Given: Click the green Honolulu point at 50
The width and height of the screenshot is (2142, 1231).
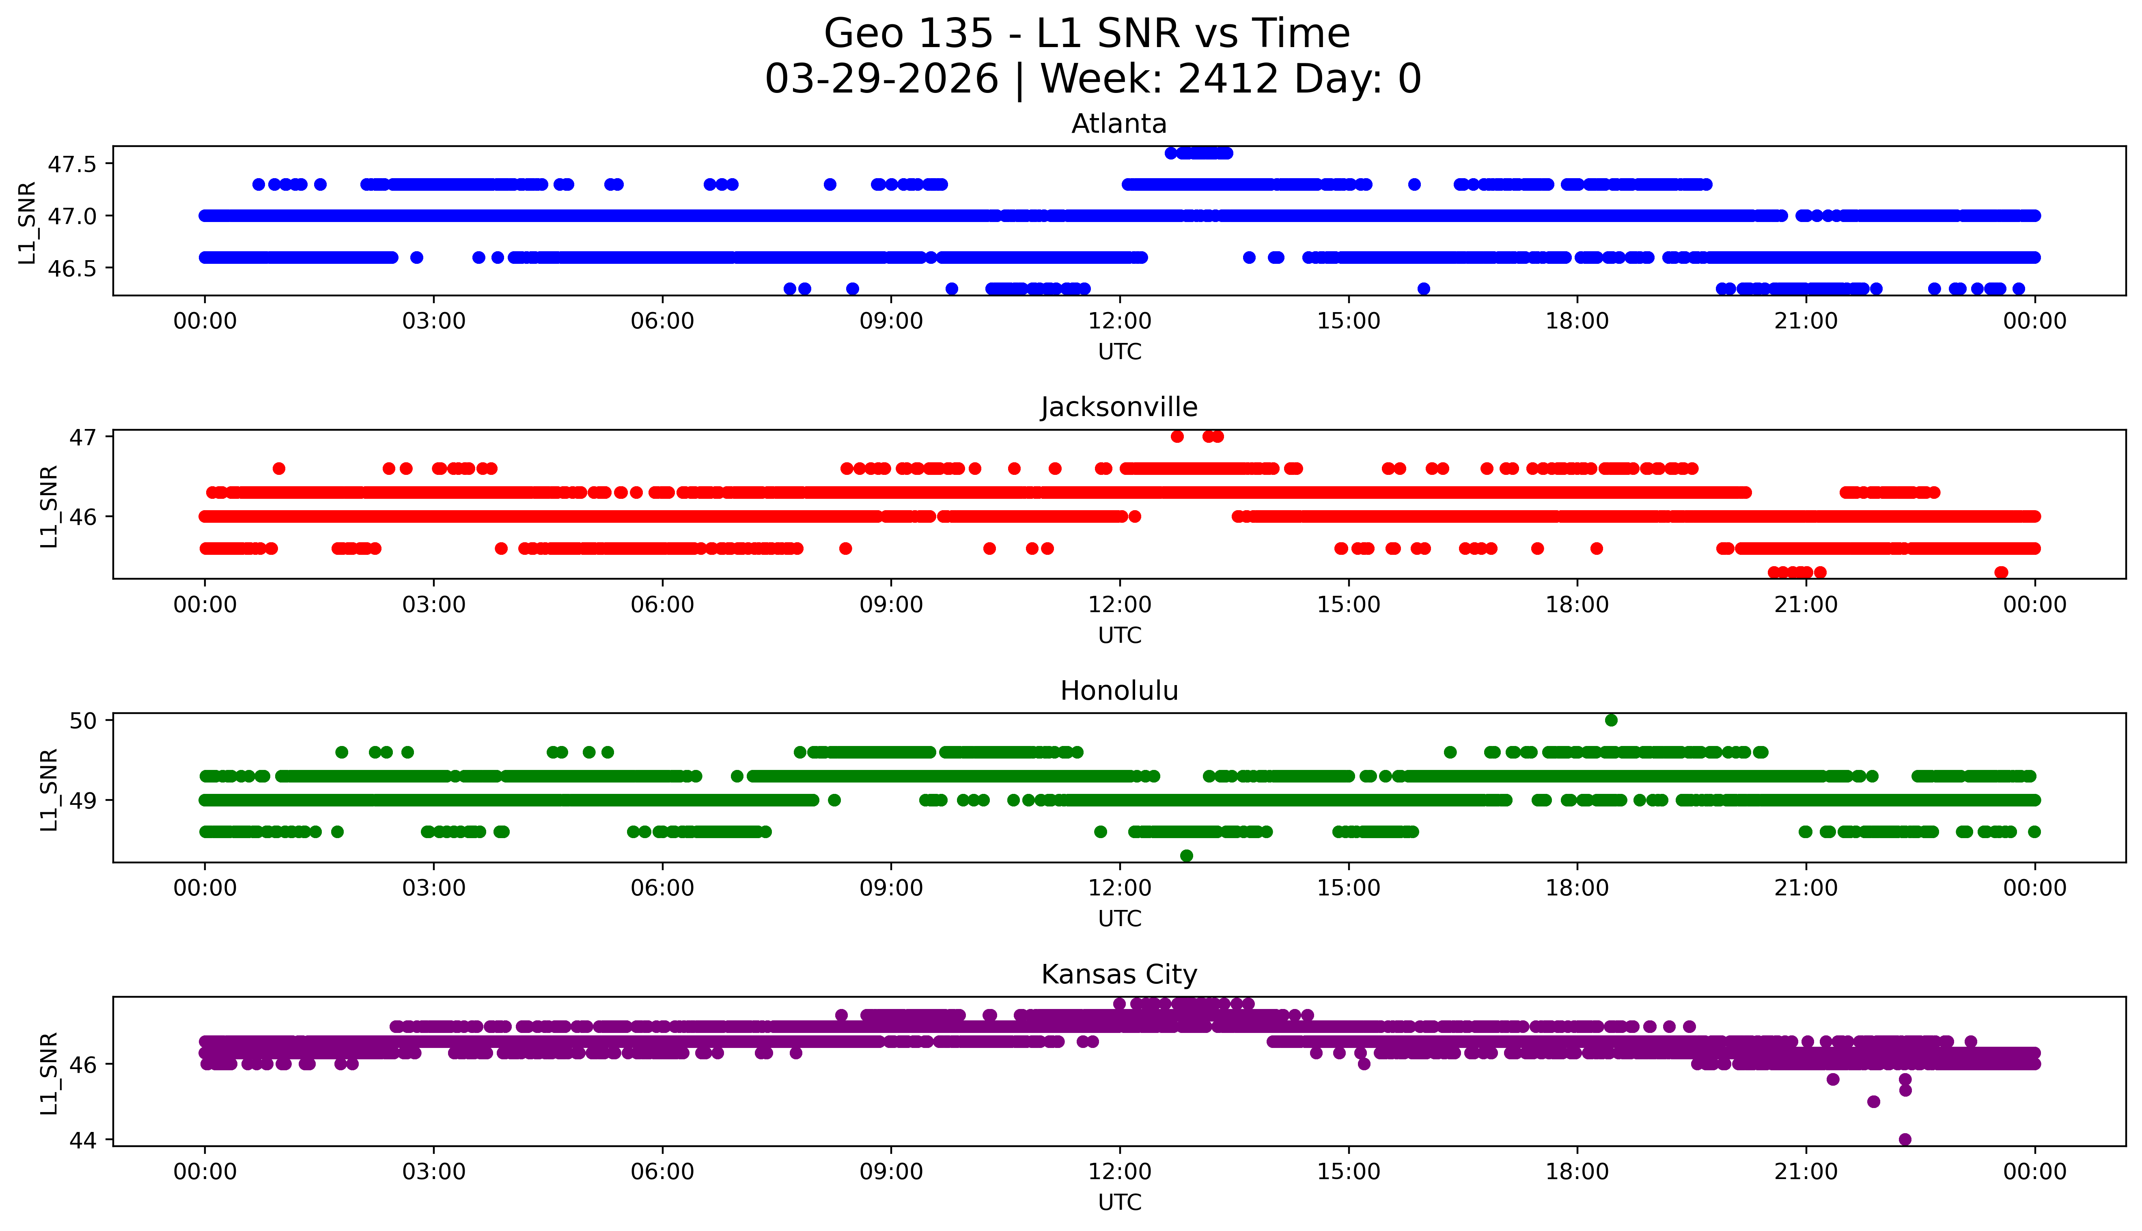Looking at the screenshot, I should click(x=1611, y=720).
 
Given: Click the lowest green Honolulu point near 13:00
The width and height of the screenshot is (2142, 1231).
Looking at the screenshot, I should click(x=1186, y=856).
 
